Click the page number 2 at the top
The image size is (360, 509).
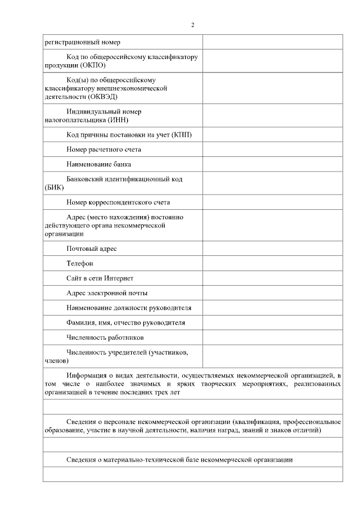[192, 25]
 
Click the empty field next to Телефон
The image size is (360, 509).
[272, 263]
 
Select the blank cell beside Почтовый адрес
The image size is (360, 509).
[272, 248]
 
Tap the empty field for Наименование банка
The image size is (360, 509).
[272, 164]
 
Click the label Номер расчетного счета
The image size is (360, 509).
[103, 150]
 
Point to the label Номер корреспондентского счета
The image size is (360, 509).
[118, 202]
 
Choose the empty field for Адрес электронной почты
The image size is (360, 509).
[272, 292]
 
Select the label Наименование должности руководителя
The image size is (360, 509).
[129, 308]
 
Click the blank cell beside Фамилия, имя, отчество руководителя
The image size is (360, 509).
[272, 322]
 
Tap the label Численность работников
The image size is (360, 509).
[105, 337]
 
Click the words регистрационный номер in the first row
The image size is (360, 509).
[82, 42]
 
